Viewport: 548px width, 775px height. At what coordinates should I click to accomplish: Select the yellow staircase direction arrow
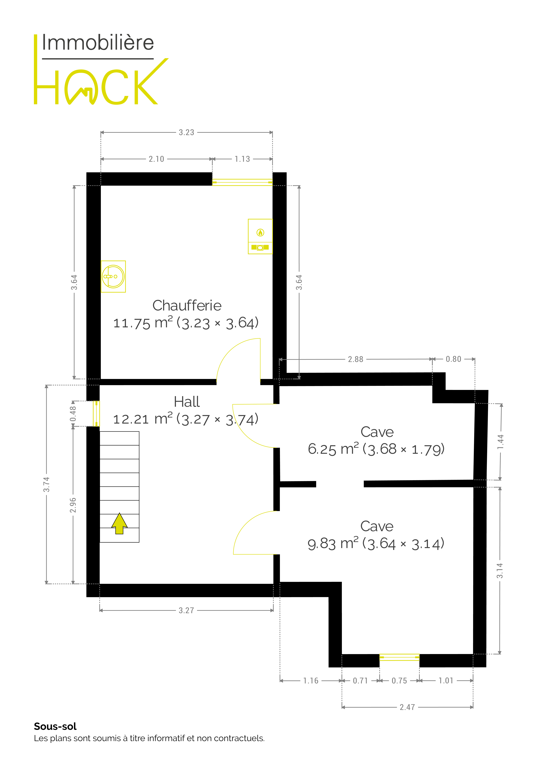(119, 523)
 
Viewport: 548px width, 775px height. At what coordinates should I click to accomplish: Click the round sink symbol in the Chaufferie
(113, 276)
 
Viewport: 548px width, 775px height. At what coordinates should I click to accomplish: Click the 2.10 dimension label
(156, 159)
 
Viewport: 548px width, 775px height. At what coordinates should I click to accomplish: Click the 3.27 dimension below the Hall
(186, 610)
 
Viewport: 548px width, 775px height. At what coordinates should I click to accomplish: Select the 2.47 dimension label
(407, 707)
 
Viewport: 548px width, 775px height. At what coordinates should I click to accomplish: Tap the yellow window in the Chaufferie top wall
(242, 182)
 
